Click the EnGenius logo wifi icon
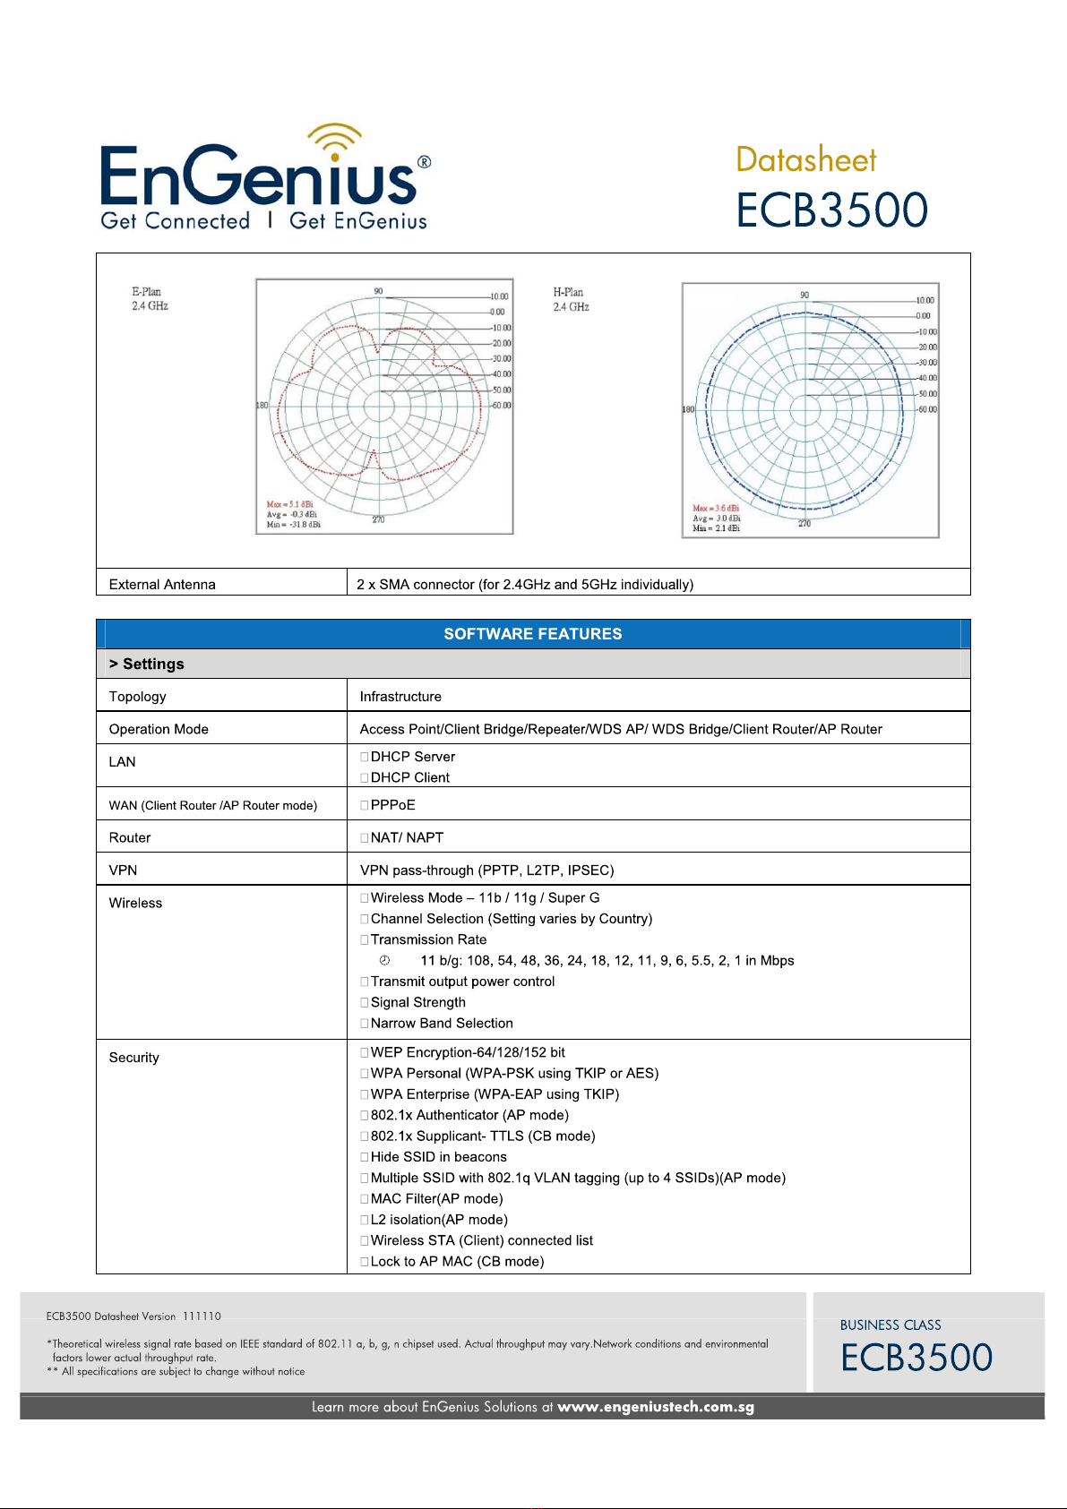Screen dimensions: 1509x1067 [x=334, y=141]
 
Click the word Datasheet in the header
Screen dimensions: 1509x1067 [x=805, y=160]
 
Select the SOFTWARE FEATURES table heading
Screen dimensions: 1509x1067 [x=532, y=634]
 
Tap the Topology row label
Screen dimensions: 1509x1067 [x=138, y=697]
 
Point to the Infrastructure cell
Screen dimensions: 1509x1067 [x=400, y=697]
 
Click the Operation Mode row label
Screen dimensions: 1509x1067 [x=159, y=729]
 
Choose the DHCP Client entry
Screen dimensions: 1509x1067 [x=409, y=777]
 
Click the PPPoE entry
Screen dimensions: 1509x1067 [x=392, y=805]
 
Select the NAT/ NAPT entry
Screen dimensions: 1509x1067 [x=407, y=837]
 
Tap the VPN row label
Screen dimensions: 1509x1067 [x=123, y=870]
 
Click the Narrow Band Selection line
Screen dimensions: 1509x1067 [x=442, y=1024]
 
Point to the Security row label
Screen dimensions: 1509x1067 [x=134, y=1058]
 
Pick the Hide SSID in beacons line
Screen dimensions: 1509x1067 [x=438, y=1157]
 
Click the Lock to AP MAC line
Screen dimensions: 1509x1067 [x=457, y=1262]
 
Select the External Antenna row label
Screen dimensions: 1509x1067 [x=162, y=585]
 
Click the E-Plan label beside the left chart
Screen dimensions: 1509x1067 [x=147, y=292]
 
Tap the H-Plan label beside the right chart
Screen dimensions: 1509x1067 [x=568, y=293]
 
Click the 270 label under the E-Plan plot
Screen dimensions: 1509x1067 [x=379, y=519]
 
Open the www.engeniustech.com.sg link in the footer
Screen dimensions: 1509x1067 [x=655, y=1407]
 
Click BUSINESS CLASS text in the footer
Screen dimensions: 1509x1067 [x=891, y=1325]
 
